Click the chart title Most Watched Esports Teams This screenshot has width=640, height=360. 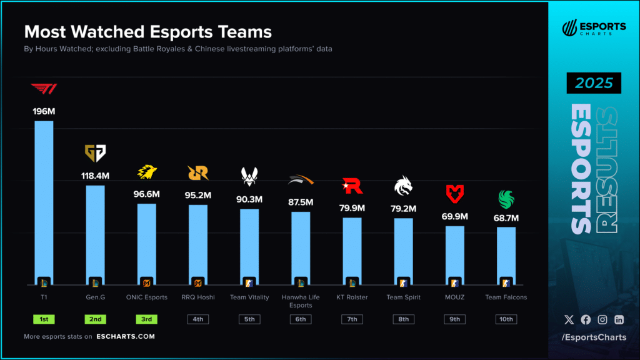pos(147,32)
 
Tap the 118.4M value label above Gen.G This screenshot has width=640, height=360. pos(95,176)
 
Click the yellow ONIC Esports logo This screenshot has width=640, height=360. pos(147,171)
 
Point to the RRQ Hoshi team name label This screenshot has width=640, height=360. pos(198,297)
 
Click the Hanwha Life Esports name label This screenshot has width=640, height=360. pos(301,301)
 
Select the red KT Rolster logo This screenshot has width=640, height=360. pos(352,186)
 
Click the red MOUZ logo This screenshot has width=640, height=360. pos(454,192)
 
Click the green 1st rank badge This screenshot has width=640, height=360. pos(44,319)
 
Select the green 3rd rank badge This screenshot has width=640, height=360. pos(147,319)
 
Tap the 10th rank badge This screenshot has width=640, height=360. pos(506,319)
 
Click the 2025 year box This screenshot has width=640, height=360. pos(594,83)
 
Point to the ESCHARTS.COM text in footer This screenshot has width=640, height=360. pos(126,336)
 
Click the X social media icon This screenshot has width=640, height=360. pos(569,319)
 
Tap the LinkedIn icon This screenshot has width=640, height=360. pos(619,319)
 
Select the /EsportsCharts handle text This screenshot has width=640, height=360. pos(594,338)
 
